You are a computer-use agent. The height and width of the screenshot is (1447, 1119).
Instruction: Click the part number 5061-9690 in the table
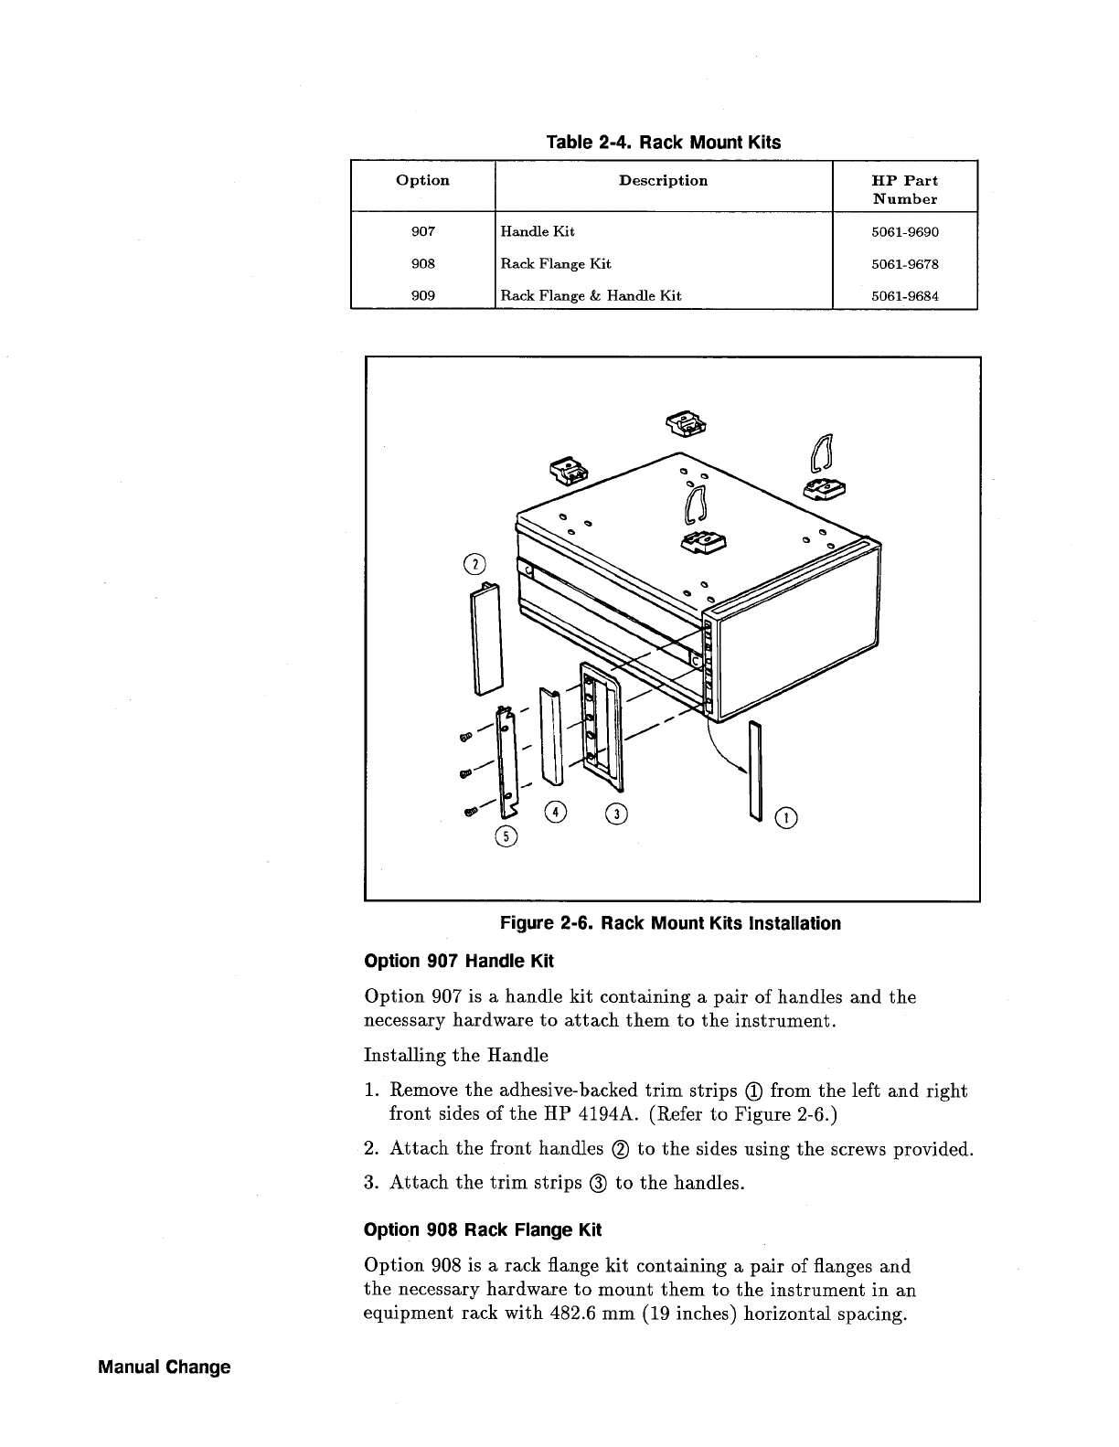click(x=904, y=232)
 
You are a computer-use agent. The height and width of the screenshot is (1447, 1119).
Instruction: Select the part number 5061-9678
click(x=904, y=264)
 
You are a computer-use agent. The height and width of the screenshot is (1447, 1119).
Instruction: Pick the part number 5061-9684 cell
click(x=904, y=295)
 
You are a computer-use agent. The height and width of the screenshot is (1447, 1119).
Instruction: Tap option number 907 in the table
click(x=422, y=232)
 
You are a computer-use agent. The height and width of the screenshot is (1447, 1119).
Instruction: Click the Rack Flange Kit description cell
click(x=556, y=264)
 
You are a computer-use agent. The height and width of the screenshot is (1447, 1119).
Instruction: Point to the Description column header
click(x=663, y=181)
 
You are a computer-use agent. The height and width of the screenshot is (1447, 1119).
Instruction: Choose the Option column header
click(x=422, y=181)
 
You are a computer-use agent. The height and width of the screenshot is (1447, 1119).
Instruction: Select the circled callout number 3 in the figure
click(x=617, y=813)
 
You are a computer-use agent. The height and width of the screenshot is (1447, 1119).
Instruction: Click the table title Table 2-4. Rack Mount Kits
click(x=663, y=143)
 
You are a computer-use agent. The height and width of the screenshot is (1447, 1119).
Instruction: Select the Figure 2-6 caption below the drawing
click(x=670, y=923)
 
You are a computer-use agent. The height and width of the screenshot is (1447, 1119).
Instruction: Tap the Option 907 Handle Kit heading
click(x=459, y=962)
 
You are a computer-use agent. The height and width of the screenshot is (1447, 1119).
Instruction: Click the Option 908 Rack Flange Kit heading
click(x=483, y=1229)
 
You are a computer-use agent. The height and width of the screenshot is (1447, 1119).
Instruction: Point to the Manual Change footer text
click(x=165, y=1367)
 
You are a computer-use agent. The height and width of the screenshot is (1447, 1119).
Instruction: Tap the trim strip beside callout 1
click(x=754, y=768)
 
